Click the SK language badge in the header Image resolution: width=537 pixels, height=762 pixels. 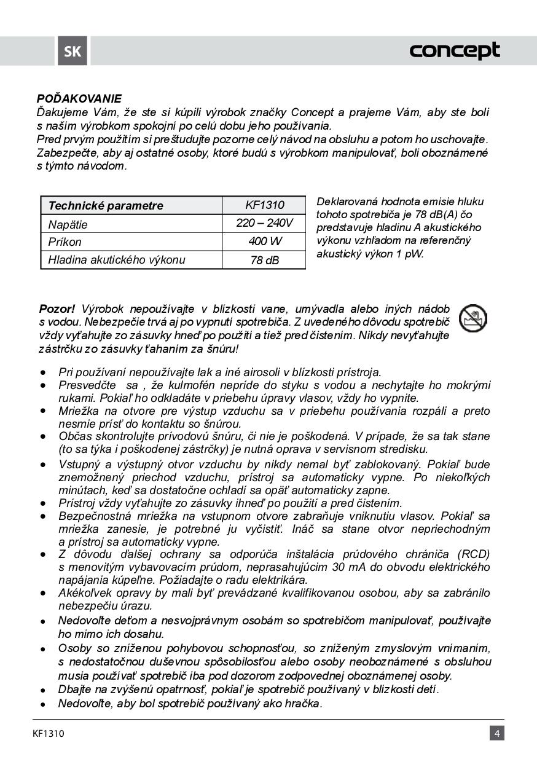[x=73, y=52]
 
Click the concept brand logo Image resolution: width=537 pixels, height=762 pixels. [x=455, y=51]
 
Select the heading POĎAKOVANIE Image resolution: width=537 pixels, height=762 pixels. [x=79, y=98]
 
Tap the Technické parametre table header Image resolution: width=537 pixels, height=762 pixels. [x=106, y=206]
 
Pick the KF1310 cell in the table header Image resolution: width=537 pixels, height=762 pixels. [x=264, y=205]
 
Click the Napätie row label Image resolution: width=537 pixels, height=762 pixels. [x=68, y=224]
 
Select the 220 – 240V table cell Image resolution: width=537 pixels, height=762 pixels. [x=264, y=223]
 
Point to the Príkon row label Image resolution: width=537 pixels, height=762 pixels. [x=65, y=242]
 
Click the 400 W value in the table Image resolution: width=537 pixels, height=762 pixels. [x=265, y=242]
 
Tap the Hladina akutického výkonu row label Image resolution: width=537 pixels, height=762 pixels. [x=116, y=260]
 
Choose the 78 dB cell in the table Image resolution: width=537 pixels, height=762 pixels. [x=265, y=260]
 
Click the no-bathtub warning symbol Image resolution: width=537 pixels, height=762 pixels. [x=473, y=318]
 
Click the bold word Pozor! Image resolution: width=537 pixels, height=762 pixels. [x=57, y=308]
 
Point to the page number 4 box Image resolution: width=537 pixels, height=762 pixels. [x=497, y=733]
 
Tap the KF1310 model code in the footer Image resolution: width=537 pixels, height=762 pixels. [x=49, y=733]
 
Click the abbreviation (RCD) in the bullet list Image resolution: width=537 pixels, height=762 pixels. [x=472, y=554]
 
